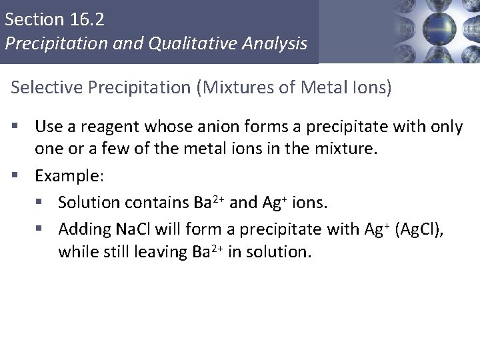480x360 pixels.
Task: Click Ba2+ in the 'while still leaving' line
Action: [203, 253]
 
